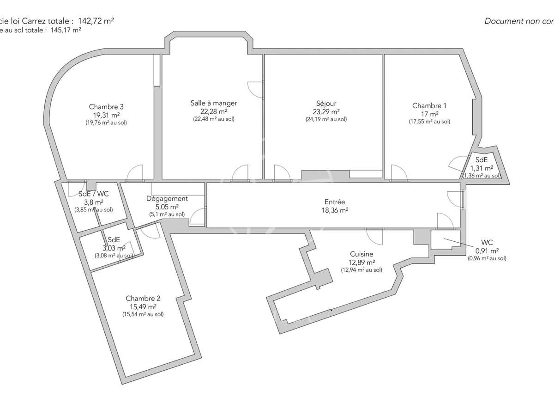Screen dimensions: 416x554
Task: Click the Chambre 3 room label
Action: [x=106, y=106]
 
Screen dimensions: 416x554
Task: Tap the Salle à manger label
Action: [x=213, y=103]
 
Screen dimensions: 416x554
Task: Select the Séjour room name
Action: [x=326, y=104]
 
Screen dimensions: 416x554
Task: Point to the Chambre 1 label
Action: [x=429, y=106]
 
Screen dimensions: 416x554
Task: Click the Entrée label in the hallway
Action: [x=334, y=202]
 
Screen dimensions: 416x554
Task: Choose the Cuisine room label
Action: [x=361, y=254]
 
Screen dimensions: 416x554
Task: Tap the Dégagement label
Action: [x=167, y=199]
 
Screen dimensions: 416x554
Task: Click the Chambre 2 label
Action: [x=143, y=298]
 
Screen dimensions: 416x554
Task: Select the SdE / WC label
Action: [x=94, y=194]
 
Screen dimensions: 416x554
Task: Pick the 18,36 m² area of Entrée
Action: [x=334, y=210]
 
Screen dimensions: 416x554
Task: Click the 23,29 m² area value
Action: [x=326, y=111]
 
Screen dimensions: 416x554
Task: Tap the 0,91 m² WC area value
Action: [x=487, y=251]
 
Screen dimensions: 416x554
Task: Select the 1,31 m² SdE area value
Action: [x=482, y=168]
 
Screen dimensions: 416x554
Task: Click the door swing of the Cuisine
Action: [x=374, y=237]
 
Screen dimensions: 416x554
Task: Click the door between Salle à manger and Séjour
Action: [x=255, y=90]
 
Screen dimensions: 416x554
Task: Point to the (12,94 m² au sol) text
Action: [x=361, y=270]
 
